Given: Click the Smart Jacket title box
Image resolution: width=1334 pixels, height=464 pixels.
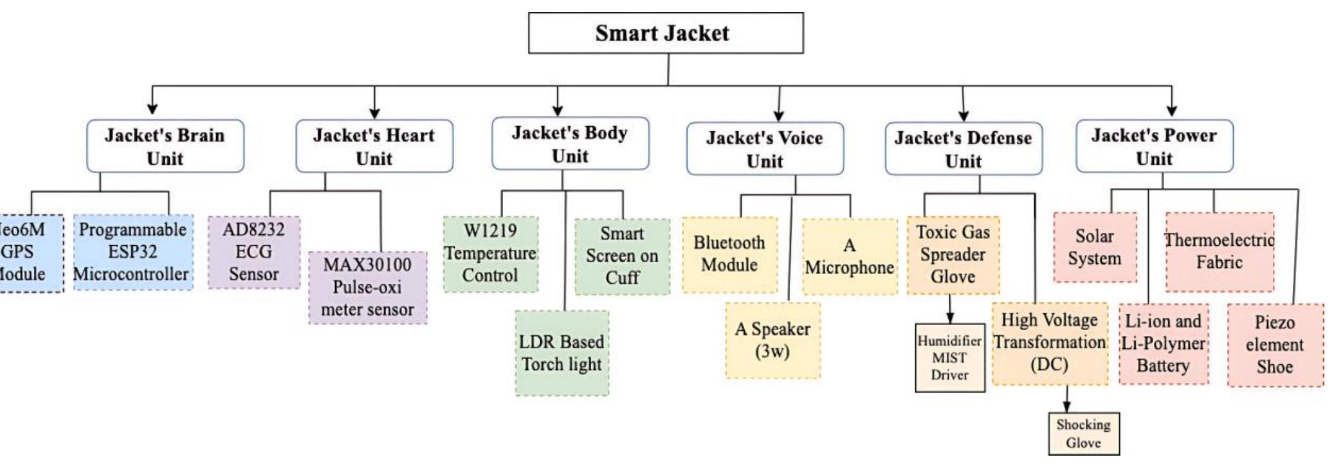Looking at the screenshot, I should coord(665,33).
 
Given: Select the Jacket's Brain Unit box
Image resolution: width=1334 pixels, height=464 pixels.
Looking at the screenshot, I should coord(165,146).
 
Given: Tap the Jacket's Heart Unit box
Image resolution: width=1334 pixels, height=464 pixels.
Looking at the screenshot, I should coord(374,146).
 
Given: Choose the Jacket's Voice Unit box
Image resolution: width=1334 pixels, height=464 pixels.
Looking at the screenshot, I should coord(765,149).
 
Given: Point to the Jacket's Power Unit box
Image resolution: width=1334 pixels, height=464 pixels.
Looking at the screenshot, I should coord(1154,146).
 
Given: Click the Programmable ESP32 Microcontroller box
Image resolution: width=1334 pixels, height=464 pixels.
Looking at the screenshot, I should coord(132,252).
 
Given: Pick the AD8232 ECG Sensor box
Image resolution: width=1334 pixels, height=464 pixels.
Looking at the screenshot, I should coord(253,252).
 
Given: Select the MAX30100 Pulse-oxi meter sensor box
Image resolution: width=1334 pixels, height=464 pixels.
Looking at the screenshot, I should coord(367,287).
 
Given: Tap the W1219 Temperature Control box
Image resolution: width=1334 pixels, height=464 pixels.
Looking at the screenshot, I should coord(490,254).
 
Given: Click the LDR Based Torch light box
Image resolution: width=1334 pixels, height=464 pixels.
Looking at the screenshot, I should coord(562,353).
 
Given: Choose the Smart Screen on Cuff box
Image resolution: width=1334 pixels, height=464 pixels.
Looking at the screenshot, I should coord(622,256).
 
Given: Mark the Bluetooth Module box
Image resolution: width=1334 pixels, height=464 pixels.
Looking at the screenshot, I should coord(729,254).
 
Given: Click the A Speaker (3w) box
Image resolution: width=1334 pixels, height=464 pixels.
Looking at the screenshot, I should coord(772,340).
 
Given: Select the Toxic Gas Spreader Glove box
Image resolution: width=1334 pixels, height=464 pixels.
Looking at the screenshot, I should coord(953,255).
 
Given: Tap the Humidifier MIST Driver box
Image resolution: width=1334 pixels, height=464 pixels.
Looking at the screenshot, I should coord(949,358).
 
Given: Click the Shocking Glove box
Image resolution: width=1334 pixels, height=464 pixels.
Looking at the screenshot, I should coord(1083,434).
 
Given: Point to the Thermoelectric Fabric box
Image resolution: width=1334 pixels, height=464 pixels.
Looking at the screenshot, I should coord(1219,252).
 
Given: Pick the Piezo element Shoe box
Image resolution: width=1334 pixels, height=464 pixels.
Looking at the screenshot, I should coord(1275,345).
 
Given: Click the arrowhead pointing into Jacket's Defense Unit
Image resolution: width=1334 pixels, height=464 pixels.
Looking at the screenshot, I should coord(963,116).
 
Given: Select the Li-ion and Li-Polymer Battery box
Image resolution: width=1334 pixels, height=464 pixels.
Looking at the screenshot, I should coord(1163,344).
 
